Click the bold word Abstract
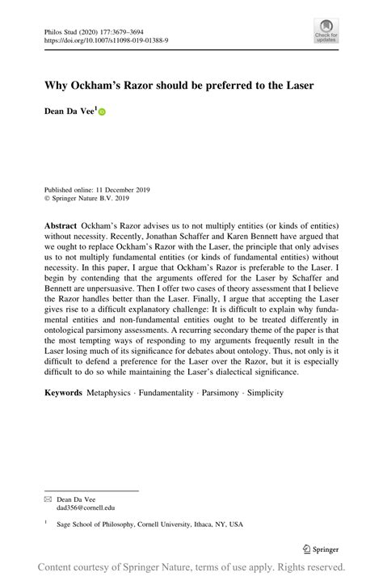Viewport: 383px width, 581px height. (x=61, y=225)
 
